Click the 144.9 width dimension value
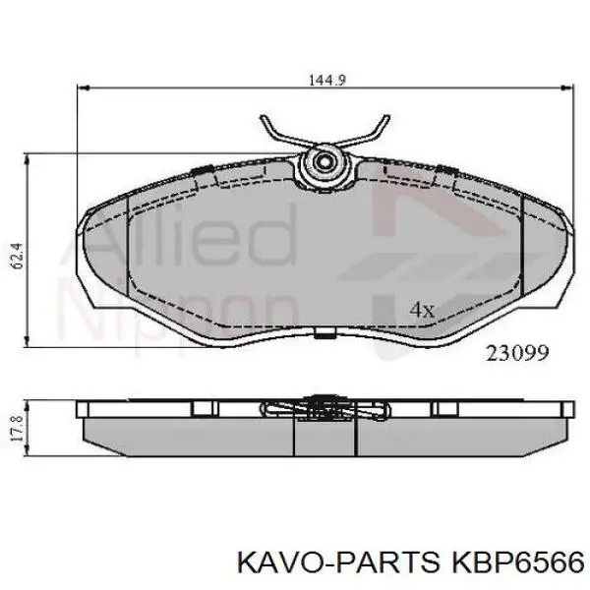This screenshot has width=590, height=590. pyautogui.click(x=327, y=80)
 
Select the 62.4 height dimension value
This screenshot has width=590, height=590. pyautogui.click(x=18, y=256)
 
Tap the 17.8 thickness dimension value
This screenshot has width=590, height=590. pyautogui.click(x=18, y=429)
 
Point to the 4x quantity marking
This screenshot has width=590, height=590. pyautogui.click(x=422, y=310)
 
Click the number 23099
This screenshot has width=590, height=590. pyautogui.click(x=517, y=353)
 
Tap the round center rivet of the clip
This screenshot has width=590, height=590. pyautogui.click(x=324, y=162)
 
